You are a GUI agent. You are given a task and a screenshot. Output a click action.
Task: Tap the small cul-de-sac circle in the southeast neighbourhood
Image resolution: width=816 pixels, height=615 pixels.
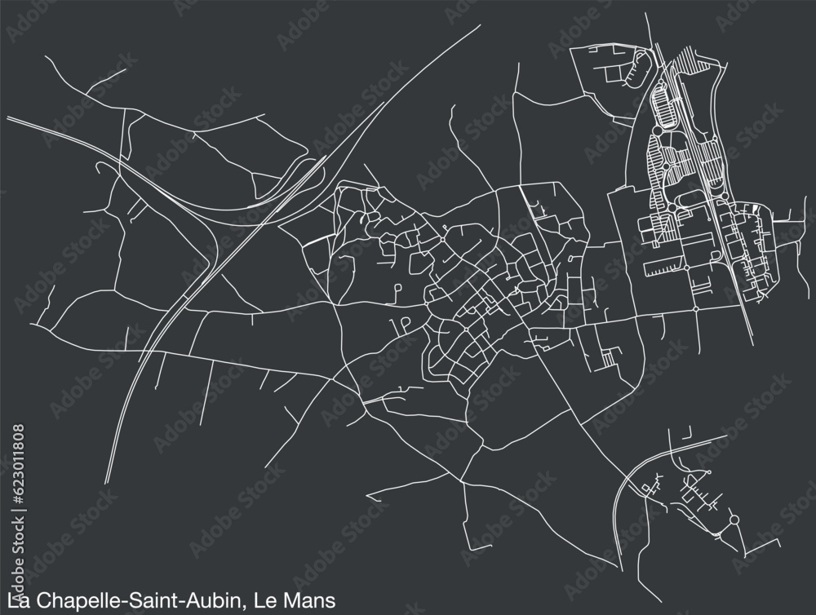[x=710, y=472]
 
